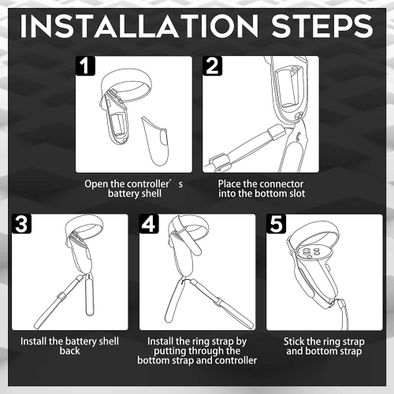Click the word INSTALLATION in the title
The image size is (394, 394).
(139, 26)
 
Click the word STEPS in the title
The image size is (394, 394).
(322, 26)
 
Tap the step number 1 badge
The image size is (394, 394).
(85, 65)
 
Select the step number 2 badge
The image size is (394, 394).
(212, 65)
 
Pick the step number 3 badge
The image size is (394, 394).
(21, 224)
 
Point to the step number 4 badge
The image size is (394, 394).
(149, 224)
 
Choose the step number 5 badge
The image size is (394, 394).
(276, 224)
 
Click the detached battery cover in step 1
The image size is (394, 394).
(155, 141)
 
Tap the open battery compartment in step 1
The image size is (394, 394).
(118, 125)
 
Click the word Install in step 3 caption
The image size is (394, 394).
(34, 341)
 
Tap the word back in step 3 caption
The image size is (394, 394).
(69, 351)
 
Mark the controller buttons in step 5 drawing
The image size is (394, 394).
(311, 252)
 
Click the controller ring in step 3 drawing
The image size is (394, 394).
(84, 228)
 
